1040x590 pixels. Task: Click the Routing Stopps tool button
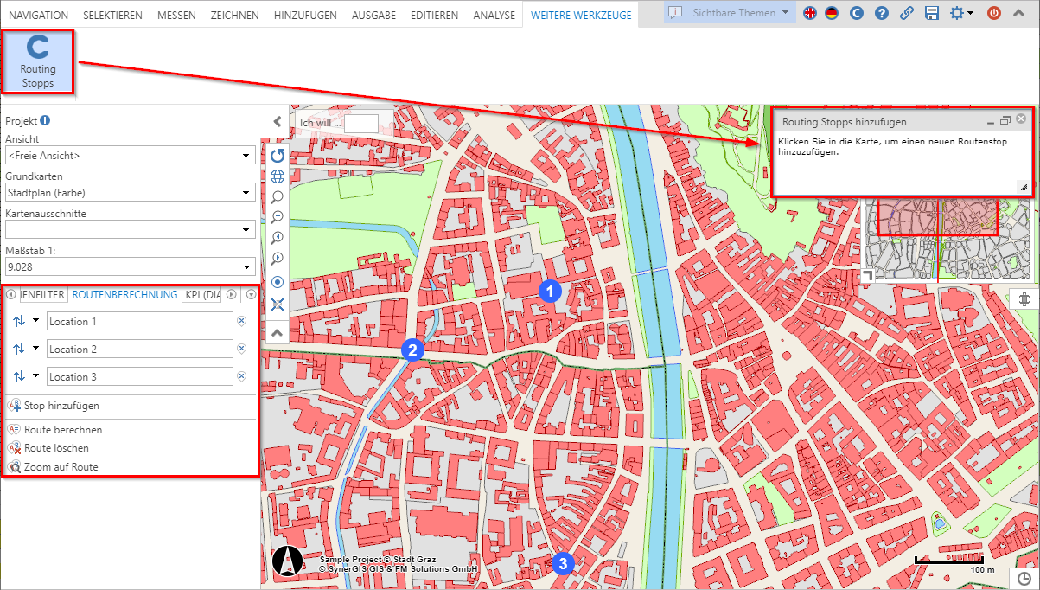[x=37, y=61]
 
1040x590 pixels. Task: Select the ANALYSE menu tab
[x=494, y=15]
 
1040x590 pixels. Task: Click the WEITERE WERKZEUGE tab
[x=581, y=15]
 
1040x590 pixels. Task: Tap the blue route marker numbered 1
[x=550, y=292]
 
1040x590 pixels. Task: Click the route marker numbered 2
[x=412, y=350]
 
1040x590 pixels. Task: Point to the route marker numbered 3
[x=563, y=564]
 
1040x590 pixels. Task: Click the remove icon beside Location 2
[x=242, y=349]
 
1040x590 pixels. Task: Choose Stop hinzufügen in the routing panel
[x=61, y=405]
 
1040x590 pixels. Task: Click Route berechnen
[x=62, y=430]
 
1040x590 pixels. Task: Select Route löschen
[x=55, y=448]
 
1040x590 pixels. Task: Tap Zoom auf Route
[x=61, y=467]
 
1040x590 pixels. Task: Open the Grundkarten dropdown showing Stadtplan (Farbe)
[x=130, y=193]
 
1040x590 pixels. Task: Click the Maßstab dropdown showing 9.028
[x=130, y=267]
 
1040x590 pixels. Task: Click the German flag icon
[x=832, y=13]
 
